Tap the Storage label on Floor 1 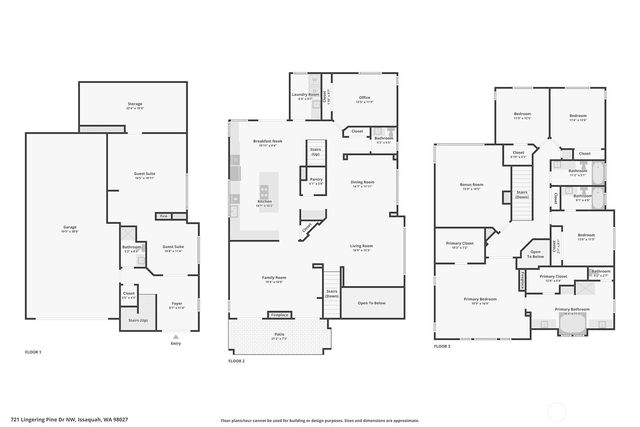click(x=134, y=105)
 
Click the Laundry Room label click(x=306, y=96)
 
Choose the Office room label click(x=364, y=98)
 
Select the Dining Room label click(x=362, y=183)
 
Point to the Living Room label click(x=361, y=247)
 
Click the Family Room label click(x=274, y=279)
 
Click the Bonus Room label click(x=472, y=187)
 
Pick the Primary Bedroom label click(x=480, y=300)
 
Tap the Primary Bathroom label click(x=573, y=310)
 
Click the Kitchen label click(x=265, y=203)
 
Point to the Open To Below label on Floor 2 click(x=371, y=302)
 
